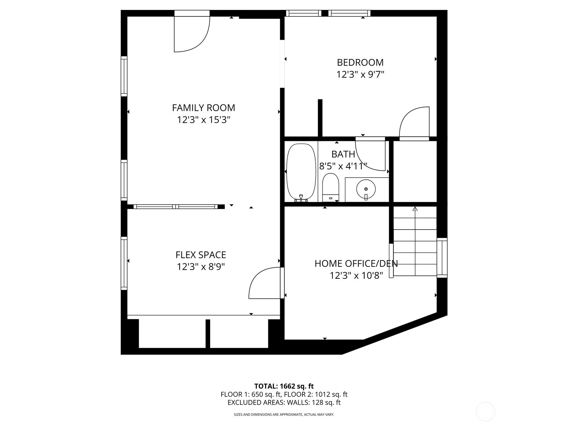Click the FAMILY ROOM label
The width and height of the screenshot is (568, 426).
(x=203, y=108)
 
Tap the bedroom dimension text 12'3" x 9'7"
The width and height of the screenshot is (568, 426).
(x=360, y=75)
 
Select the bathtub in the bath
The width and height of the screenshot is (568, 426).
(x=301, y=172)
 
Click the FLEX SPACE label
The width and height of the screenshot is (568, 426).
(x=201, y=255)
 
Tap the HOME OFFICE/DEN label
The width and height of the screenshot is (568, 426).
(x=356, y=263)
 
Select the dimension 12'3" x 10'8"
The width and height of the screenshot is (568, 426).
(x=356, y=275)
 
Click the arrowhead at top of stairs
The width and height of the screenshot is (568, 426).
(x=415, y=208)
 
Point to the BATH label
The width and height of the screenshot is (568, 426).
(x=343, y=154)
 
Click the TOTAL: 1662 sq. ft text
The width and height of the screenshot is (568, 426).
(x=284, y=386)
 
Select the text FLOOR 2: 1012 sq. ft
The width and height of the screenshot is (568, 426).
(x=316, y=394)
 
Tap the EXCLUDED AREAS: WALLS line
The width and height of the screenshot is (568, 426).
(x=284, y=403)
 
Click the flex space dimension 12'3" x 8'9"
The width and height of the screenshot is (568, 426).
(x=201, y=267)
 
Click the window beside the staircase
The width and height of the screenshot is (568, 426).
(x=442, y=258)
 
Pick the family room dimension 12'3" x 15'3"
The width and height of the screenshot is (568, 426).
(x=203, y=120)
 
